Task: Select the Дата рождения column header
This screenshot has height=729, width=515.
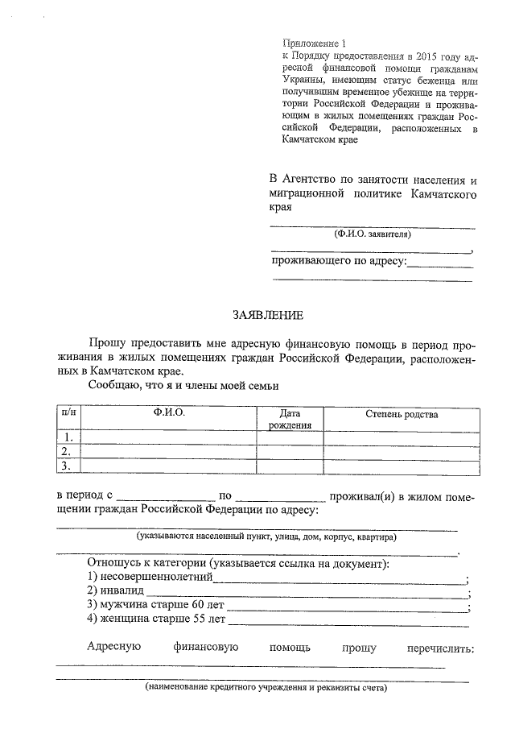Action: pyautogui.click(x=290, y=419)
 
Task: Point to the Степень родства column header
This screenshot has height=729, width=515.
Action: pyautogui.click(x=402, y=414)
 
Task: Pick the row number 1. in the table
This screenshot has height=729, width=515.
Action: pyautogui.click(x=69, y=438)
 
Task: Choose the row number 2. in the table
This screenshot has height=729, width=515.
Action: pyautogui.click(x=69, y=452)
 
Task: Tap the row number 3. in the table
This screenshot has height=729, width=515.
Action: pyautogui.click(x=69, y=466)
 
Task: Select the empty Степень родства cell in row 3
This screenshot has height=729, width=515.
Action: pyautogui.click(x=402, y=466)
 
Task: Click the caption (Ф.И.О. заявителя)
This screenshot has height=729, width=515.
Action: pyautogui.click(x=372, y=235)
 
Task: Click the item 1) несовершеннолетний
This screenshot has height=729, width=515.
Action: pyautogui.click(x=149, y=578)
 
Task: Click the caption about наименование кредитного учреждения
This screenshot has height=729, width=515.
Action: pyautogui.click(x=266, y=689)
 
